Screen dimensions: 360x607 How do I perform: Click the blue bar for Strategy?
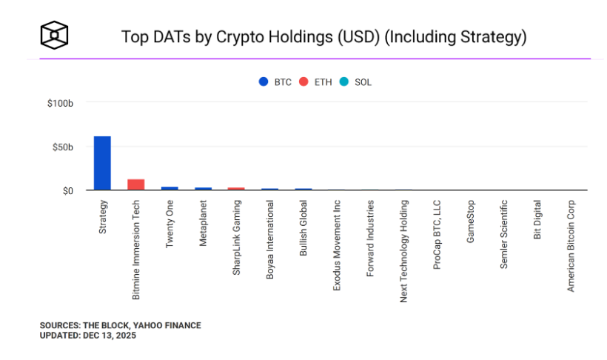pos(102,163)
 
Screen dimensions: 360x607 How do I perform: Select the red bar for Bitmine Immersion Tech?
pos(135,184)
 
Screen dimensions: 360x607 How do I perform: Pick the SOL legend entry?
pos(356,82)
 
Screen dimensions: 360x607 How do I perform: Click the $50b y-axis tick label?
pos(61,147)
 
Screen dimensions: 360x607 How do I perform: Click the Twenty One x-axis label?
pos(170,223)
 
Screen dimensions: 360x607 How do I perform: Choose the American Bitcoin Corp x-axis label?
pos(571,245)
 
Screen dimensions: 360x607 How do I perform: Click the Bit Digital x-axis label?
pos(538,219)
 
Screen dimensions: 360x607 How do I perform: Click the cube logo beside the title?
pos(54,34)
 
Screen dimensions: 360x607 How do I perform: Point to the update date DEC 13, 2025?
pos(110,336)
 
